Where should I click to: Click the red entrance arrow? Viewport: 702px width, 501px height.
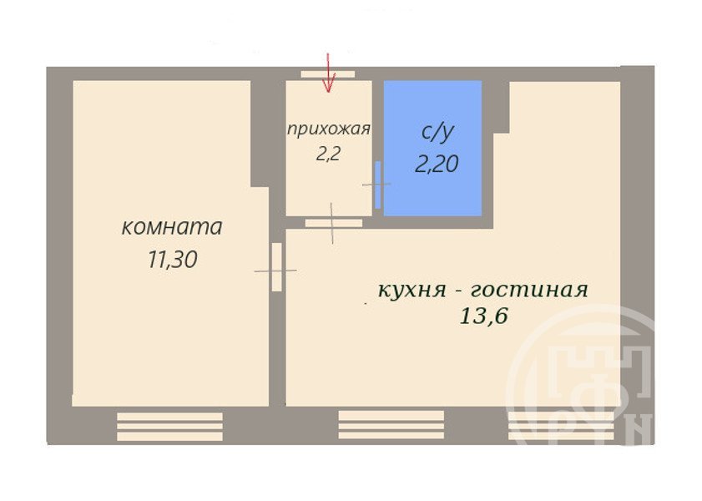(x=329, y=73)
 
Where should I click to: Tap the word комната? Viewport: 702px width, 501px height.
(x=172, y=226)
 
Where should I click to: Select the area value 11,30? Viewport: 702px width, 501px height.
(x=172, y=259)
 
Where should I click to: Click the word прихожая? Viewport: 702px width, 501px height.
(x=329, y=129)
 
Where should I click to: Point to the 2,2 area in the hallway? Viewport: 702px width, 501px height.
(x=329, y=154)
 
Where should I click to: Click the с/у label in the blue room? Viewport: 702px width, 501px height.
(x=438, y=133)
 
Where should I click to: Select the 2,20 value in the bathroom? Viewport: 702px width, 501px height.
(x=437, y=164)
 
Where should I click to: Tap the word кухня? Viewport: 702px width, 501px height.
(x=412, y=290)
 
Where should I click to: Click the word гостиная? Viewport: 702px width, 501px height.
(x=529, y=290)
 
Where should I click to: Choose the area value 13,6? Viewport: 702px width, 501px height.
(x=483, y=316)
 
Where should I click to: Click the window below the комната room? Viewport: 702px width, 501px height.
(x=169, y=427)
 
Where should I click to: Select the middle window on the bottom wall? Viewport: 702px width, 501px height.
(x=391, y=425)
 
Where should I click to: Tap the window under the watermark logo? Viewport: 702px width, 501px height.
(x=561, y=426)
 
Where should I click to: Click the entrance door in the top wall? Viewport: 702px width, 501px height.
(x=328, y=74)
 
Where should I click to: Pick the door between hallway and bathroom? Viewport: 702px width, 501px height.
(x=378, y=185)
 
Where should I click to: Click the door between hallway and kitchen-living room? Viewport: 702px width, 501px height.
(x=334, y=223)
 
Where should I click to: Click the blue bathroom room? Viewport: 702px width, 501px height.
(x=432, y=148)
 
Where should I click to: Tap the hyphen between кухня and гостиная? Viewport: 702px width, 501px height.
(x=458, y=292)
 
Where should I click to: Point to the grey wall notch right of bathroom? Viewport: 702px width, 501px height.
(x=502, y=108)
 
